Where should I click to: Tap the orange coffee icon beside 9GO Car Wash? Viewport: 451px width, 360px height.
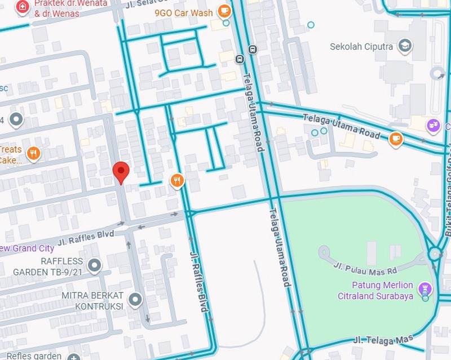[224, 11]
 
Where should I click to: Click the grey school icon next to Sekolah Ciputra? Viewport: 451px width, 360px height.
[405, 46]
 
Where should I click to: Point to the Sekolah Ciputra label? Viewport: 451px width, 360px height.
[361, 47]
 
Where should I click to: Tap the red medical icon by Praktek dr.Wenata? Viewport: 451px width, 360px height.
[22, 6]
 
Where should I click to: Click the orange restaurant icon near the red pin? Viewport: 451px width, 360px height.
[178, 180]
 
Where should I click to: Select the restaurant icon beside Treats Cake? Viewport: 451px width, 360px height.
[34, 154]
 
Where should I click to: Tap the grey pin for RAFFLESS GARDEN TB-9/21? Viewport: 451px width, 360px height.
[95, 264]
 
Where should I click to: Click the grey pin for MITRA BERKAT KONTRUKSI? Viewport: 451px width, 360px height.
[135, 300]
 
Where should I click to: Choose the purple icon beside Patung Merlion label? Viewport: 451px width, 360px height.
[426, 290]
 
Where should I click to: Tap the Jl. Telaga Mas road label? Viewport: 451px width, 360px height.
[383, 339]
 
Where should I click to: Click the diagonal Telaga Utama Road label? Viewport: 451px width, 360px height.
[342, 127]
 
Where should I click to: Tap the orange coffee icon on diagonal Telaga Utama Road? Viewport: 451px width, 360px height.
[396, 137]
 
